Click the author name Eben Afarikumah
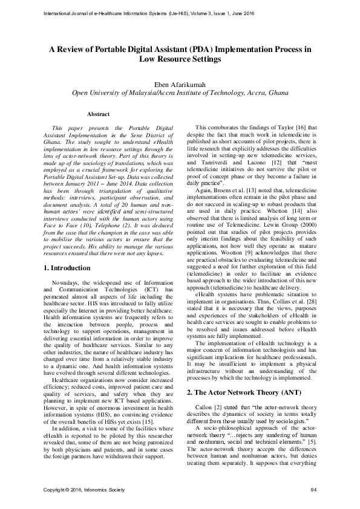180,83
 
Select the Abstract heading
98,114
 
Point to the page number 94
313,489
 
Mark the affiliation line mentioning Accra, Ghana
180,93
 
